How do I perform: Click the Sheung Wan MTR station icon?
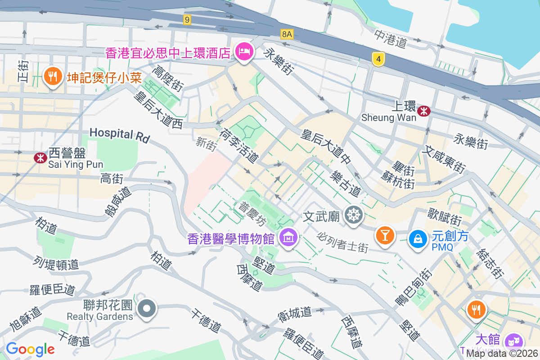coord(423,111)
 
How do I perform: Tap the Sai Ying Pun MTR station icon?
coord(40,157)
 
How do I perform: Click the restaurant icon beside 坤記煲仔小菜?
coord(53,76)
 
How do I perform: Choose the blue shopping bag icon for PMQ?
coord(418,238)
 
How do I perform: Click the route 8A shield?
coord(287,34)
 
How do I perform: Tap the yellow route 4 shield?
coord(379,58)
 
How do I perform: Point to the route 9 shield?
coord(187,19)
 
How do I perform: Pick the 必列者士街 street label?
coord(342,242)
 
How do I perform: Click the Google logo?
coord(30,349)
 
